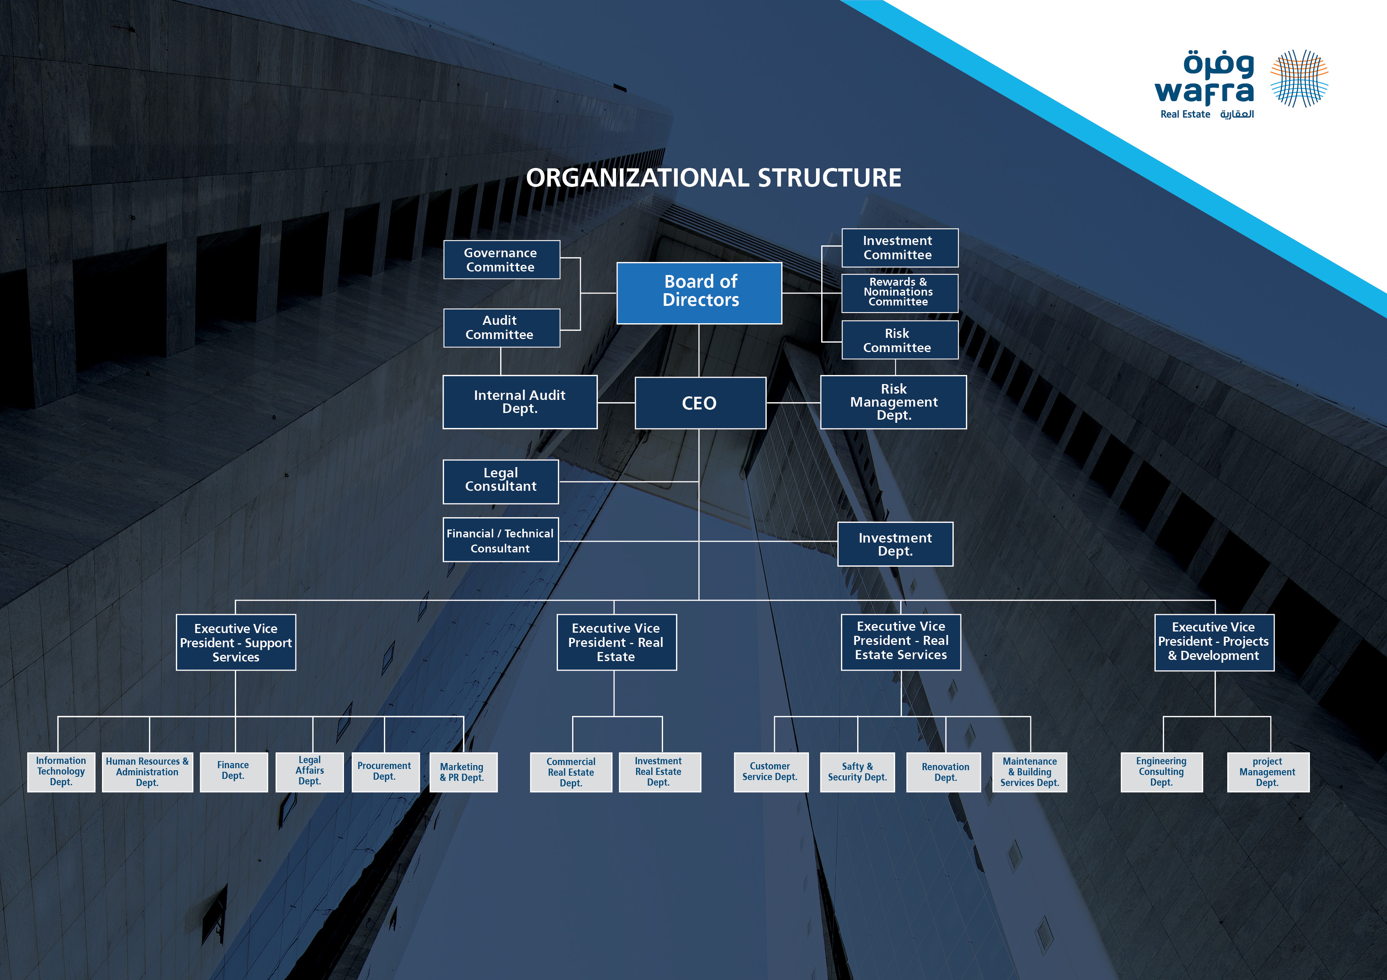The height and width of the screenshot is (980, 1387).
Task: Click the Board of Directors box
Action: [x=699, y=293]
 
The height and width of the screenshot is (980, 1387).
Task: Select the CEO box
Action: [x=700, y=403]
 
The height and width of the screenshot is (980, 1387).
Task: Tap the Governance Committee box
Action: [x=501, y=260]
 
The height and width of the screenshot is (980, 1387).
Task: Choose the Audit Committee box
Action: [x=501, y=328]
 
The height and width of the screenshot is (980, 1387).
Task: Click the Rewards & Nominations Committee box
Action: [x=899, y=293]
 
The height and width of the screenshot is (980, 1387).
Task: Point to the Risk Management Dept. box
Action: [x=894, y=402]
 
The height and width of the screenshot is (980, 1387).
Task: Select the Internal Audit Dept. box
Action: [x=520, y=402]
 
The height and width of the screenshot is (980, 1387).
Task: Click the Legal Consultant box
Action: [x=501, y=481]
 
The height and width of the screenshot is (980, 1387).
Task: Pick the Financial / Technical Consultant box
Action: [x=501, y=540]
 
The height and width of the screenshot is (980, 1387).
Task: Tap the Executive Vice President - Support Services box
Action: [x=236, y=643]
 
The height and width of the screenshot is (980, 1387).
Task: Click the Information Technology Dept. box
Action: [x=61, y=772]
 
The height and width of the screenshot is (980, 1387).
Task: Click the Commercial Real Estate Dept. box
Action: [x=571, y=772]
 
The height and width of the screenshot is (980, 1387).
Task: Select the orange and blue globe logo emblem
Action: [x=1299, y=79]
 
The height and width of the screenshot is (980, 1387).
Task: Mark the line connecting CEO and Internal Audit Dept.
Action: [x=616, y=402]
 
